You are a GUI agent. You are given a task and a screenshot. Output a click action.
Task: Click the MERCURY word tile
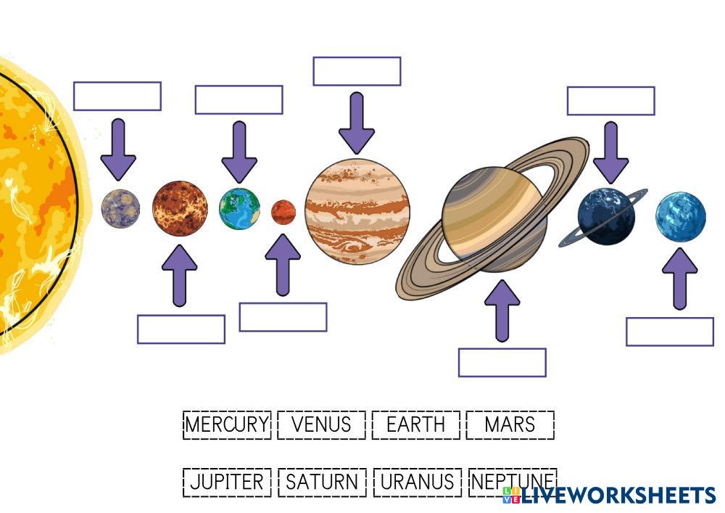[x=227, y=424]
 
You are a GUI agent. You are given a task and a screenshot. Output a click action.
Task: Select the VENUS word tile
[x=321, y=424]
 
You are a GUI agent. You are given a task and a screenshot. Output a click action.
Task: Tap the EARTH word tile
[x=416, y=424]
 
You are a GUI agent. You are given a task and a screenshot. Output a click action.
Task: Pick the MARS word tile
[x=510, y=424]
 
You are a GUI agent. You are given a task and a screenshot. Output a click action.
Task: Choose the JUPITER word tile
[x=227, y=483]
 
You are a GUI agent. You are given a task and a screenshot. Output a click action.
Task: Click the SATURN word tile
[x=322, y=483]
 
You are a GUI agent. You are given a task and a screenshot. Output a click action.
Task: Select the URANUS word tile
[x=417, y=483]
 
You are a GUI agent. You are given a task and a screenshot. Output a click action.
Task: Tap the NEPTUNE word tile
[x=512, y=481]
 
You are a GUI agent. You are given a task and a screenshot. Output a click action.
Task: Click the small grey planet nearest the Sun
[x=120, y=208]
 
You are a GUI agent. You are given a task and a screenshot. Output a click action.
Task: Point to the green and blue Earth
[x=240, y=209]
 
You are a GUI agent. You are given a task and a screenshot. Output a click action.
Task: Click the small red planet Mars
[x=283, y=213]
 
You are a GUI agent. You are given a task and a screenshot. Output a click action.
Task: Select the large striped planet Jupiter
[x=357, y=211]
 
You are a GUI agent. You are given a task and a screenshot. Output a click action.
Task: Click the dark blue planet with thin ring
[x=606, y=216]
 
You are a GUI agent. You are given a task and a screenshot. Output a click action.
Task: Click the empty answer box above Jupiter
[x=357, y=71]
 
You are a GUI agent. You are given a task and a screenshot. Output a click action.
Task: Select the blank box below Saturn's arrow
[x=502, y=363]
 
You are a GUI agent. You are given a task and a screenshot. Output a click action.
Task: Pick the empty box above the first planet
[x=117, y=96]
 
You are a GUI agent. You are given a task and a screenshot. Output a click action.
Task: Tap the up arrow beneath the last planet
[x=680, y=279]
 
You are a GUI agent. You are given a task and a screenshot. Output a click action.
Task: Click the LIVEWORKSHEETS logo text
[x=616, y=496]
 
